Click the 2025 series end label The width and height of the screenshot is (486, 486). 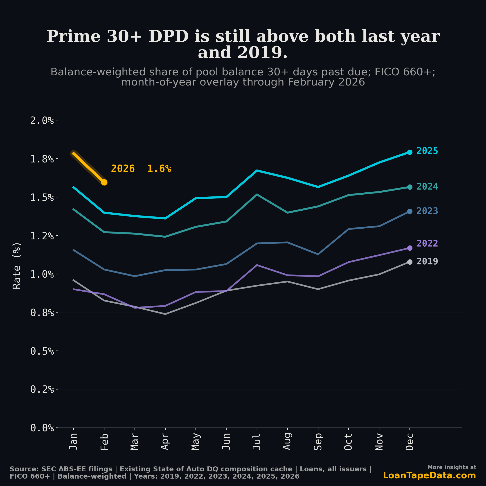(x=427, y=151)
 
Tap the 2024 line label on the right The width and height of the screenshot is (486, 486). (x=427, y=187)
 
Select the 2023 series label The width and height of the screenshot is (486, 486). (x=427, y=211)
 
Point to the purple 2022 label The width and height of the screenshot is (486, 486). (x=427, y=243)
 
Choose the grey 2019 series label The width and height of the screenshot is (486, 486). (x=427, y=261)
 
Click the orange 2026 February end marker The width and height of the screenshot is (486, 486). (x=104, y=182)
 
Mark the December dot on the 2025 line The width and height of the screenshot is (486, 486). (x=409, y=152)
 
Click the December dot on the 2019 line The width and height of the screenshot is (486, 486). (x=409, y=262)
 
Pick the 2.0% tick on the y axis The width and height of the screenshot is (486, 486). (x=42, y=121)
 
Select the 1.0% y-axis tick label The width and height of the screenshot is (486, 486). (x=42, y=274)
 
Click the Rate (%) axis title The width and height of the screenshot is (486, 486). (x=17, y=266)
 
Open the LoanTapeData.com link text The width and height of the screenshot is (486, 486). (x=429, y=475)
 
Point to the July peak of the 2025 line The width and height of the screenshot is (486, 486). (x=256, y=171)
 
